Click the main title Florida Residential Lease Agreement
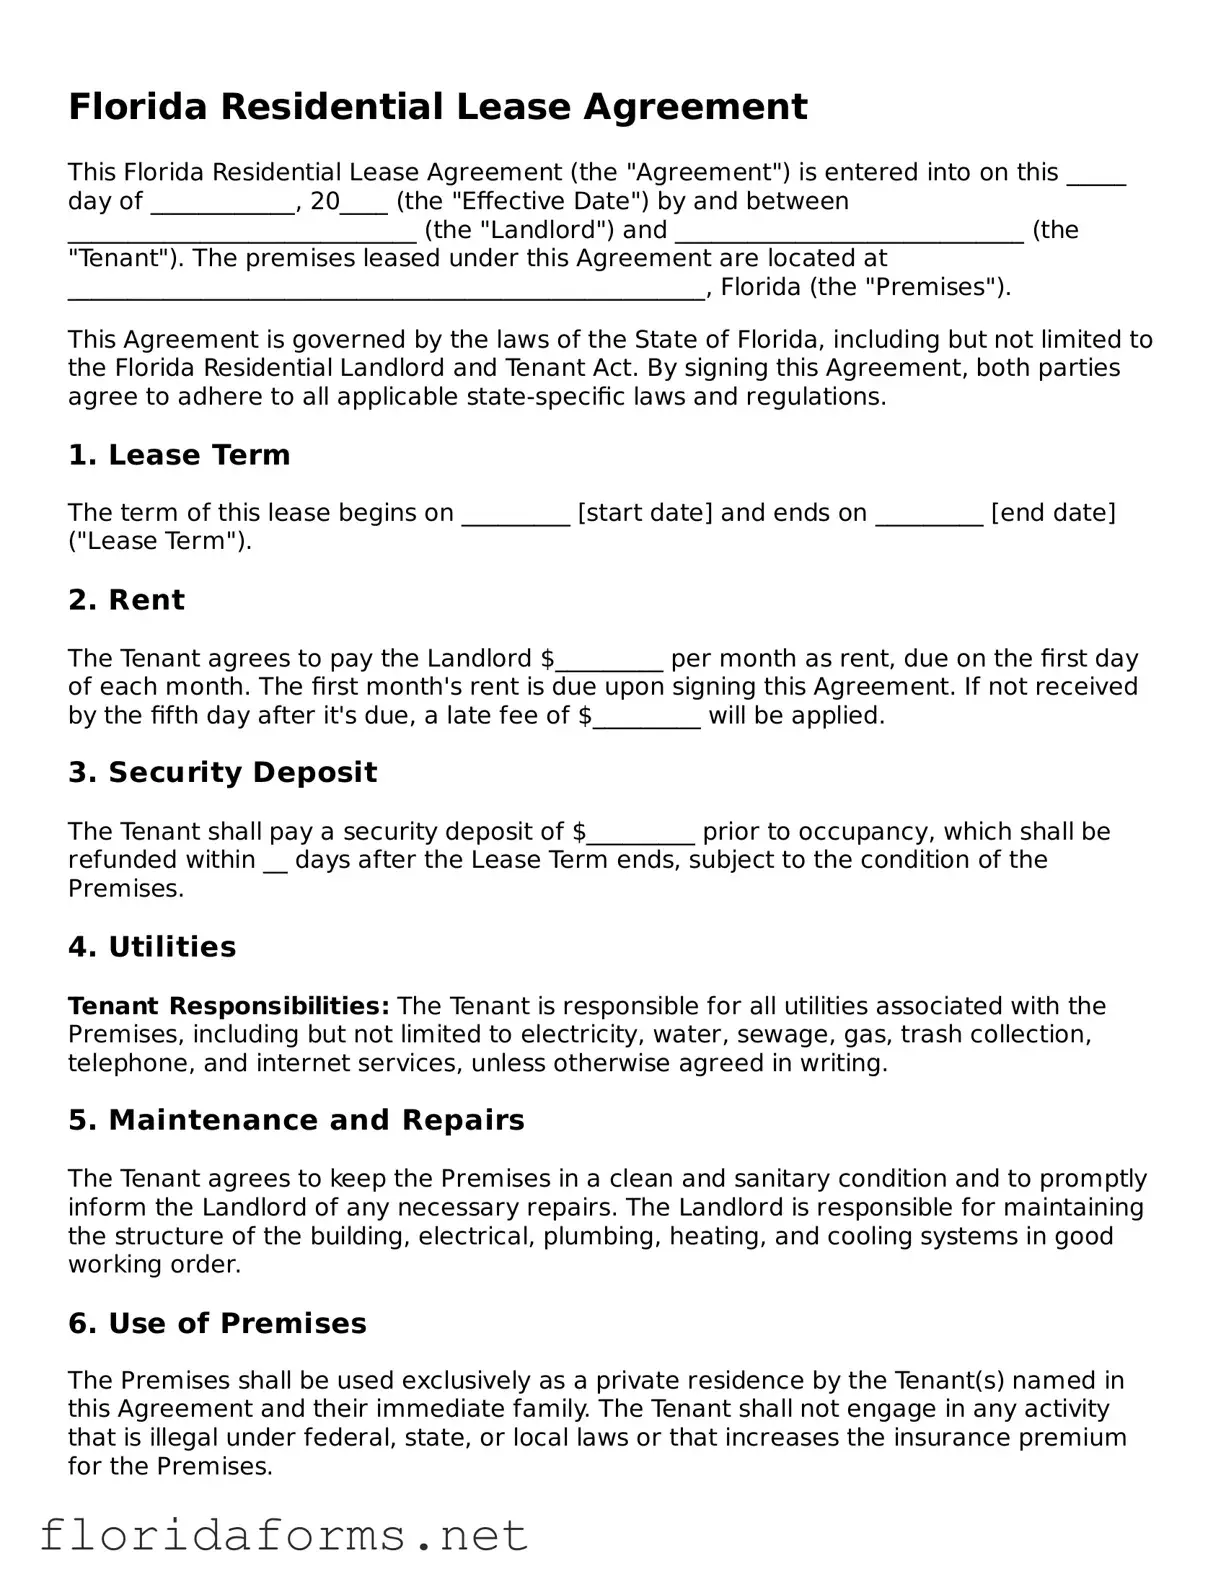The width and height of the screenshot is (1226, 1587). (x=437, y=107)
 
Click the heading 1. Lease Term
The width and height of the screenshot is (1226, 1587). (x=179, y=455)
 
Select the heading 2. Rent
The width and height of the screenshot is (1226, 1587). (x=126, y=600)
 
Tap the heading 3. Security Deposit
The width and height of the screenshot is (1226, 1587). (x=222, y=773)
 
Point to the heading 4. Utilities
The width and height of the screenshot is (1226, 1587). (x=152, y=947)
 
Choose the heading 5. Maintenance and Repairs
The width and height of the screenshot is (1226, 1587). (x=296, y=1120)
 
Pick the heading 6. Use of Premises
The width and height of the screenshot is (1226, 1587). (x=217, y=1324)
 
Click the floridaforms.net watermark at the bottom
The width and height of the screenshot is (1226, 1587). (x=283, y=1535)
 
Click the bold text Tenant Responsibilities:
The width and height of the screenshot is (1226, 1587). (x=229, y=1006)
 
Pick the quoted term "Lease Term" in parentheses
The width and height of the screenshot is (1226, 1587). (x=158, y=542)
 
